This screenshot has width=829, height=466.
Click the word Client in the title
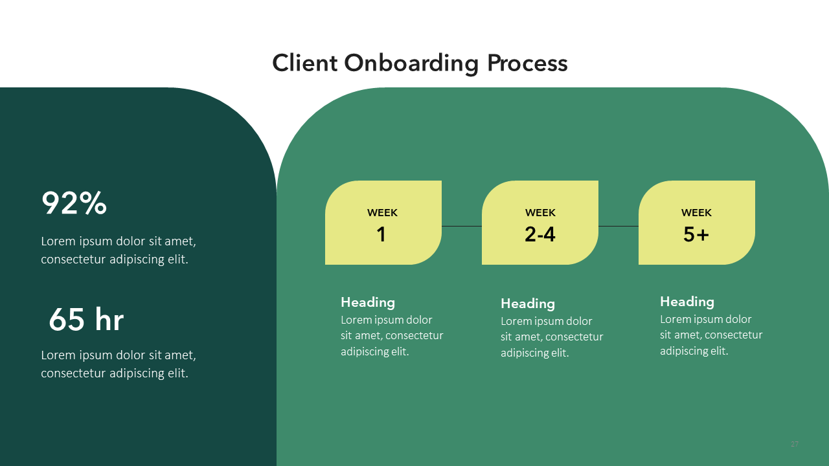(304, 63)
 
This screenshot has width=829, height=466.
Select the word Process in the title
(527, 63)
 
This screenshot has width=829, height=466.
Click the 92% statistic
(74, 204)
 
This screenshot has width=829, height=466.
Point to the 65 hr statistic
(86, 319)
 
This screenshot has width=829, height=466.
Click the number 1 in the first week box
(381, 234)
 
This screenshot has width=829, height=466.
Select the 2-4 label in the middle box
(540, 234)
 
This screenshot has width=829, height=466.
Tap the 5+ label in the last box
(696, 234)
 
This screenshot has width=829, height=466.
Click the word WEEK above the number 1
(382, 213)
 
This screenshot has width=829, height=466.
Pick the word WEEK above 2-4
(540, 213)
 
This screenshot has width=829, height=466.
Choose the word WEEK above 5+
(696, 213)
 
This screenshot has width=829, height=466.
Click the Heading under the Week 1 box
(368, 302)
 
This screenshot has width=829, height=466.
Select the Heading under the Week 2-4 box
(528, 304)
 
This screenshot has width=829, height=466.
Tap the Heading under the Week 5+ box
(687, 302)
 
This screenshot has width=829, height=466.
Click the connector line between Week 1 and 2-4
(462, 226)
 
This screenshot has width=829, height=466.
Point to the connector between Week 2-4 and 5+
(619, 226)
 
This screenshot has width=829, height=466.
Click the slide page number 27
(795, 444)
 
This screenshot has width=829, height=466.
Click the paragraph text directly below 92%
(119, 250)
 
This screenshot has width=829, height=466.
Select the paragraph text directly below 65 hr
(119, 364)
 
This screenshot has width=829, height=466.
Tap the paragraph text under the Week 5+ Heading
(710, 335)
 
